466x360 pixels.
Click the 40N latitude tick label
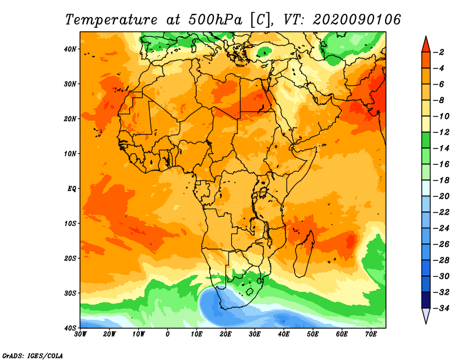pyautogui.click(x=70, y=49)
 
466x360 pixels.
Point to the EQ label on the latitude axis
pyautogui.click(x=72, y=189)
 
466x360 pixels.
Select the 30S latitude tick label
pyautogui.click(x=70, y=294)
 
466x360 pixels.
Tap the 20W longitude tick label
pyautogui.click(x=109, y=334)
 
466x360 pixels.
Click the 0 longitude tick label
pyautogui.click(x=168, y=334)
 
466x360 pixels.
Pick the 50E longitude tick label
pyautogui.click(x=313, y=334)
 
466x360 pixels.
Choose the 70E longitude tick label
pyautogui.click(x=371, y=334)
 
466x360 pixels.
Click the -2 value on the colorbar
pyautogui.click(x=439, y=52)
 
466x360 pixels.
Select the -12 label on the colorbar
pyautogui.click(x=441, y=132)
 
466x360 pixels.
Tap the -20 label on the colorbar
pyautogui.click(x=441, y=196)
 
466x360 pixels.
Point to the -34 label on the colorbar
pyautogui.click(x=441, y=308)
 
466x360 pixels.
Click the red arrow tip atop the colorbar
pyautogui.click(x=426, y=37)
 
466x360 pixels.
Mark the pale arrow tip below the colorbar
pyautogui.click(x=426, y=323)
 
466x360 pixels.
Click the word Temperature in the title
pyautogui.click(x=111, y=20)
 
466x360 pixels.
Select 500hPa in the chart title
pyautogui.click(x=216, y=20)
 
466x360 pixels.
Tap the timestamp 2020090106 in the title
pyautogui.click(x=356, y=20)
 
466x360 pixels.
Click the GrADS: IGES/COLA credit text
pyautogui.click(x=33, y=356)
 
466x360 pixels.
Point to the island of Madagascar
pyautogui.click(x=303, y=255)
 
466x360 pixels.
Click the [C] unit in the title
pyautogui.click(x=260, y=20)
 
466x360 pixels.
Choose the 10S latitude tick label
pyautogui.click(x=70, y=224)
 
